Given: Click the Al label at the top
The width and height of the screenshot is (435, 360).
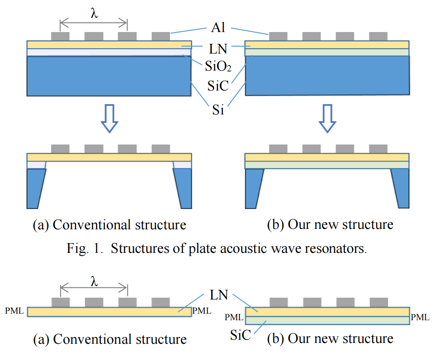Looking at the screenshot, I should click(x=218, y=29).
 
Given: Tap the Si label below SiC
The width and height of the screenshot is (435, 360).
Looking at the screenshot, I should click(x=218, y=110).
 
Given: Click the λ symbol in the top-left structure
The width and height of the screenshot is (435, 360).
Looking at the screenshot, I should click(x=94, y=13).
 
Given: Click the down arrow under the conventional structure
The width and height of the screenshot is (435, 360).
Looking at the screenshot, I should click(x=109, y=119).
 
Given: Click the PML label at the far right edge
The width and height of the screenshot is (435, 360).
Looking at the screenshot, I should click(x=420, y=317).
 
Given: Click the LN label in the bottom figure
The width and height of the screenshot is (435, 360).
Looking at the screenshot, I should click(x=218, y=295).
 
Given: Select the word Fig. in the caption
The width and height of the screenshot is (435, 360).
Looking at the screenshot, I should click(x=77, y=248).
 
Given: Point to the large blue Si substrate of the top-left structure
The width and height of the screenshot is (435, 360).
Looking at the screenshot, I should click(x=109, y=76).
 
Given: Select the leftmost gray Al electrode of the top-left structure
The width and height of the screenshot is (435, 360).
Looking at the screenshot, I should click(x=60, y=36).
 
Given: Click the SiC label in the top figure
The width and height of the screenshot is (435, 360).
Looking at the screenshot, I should click(x=218, y=86).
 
